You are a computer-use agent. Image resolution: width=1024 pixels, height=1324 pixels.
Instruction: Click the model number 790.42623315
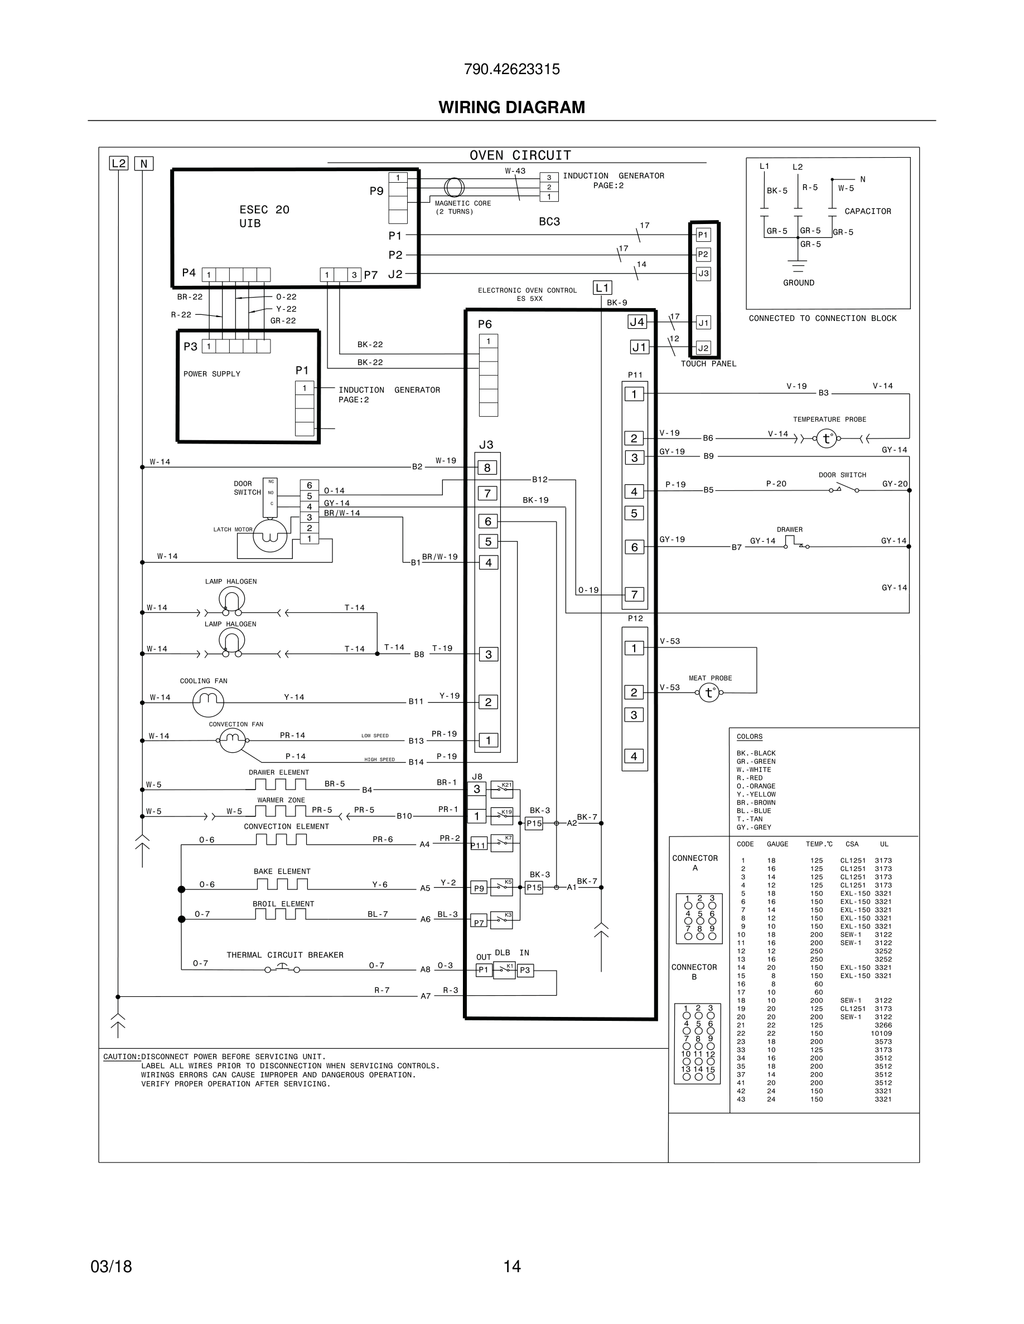click(511, 69)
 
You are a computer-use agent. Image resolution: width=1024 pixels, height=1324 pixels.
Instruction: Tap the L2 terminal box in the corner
click(118, 163)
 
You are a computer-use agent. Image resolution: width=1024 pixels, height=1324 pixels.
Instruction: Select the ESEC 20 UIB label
click(264, 216)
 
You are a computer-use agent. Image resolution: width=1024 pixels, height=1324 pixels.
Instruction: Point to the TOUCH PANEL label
click(708, 364)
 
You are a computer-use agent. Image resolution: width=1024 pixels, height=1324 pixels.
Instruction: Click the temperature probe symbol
click(826, 439)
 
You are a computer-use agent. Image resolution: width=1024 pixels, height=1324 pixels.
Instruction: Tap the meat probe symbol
click(708, 692)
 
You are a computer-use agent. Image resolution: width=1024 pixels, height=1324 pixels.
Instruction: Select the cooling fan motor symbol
click(208, 702)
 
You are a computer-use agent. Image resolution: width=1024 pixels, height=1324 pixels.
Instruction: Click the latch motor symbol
click(269, 536)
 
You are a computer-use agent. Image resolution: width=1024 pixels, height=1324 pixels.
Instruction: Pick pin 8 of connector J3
click(487, 468)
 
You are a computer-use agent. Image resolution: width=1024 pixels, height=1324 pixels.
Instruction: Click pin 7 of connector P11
click(634, 595)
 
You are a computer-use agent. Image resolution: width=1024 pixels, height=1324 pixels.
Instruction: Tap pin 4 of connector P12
click(634, 756)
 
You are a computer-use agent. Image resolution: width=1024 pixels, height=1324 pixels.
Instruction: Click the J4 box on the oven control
click(637, 322)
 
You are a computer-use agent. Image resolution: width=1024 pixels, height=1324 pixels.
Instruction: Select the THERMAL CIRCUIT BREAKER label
click(284, 955)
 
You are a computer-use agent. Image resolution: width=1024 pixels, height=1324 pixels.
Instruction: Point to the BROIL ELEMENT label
click(283, 904)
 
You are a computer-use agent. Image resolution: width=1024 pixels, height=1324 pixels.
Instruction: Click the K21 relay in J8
click(503, 788)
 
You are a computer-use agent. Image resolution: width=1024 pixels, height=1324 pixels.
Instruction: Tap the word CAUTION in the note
click(122, 1057)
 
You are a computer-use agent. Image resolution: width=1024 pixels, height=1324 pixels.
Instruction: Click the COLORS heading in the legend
click(749, 737)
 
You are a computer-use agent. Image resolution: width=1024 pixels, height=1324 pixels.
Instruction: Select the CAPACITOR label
click(867, 212)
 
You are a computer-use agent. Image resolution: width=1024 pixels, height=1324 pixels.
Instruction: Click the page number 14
click(511, 1267)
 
